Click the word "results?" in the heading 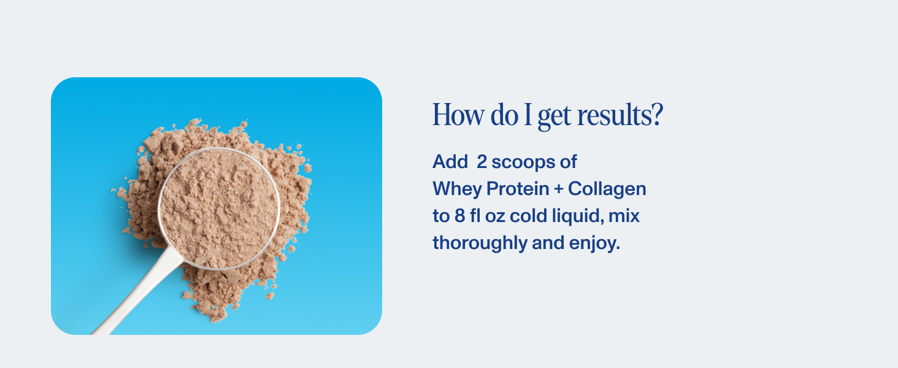click(x=620, y=115)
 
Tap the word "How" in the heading click(x=458, y=115)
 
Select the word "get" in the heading click(x=554, y=118)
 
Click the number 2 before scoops click(x=482, y=161)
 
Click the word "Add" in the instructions click(x=450, y=161)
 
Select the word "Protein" click(x=518, y=189)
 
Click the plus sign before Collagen click(x=558, y=189)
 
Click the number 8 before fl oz click(x=459, y=216)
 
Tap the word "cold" click(x=528, y=215)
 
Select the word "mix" click(x=624, y=215)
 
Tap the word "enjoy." click(x=594, y=243)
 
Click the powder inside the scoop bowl click(x=218, y=208)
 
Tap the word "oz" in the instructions click(x=495, y=217)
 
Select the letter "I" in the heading click(x=528, y=115)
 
